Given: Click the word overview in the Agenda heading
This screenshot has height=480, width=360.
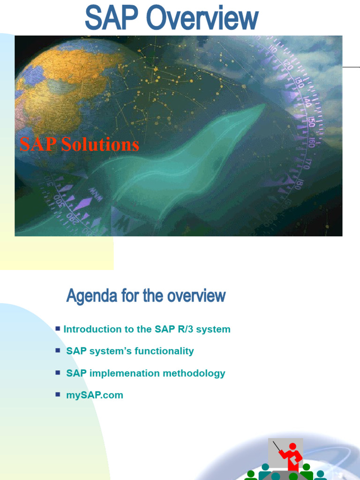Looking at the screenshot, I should coord(196,296).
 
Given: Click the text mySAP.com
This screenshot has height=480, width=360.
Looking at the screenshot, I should coord(95,395).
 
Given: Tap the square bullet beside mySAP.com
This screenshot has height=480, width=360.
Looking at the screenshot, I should coord(58,394).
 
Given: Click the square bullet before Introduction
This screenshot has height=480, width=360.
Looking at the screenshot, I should coord(58,329).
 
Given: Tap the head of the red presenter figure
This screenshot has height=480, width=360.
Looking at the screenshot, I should coord(292,446).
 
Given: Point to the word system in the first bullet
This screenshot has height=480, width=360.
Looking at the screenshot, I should coord(213,329).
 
